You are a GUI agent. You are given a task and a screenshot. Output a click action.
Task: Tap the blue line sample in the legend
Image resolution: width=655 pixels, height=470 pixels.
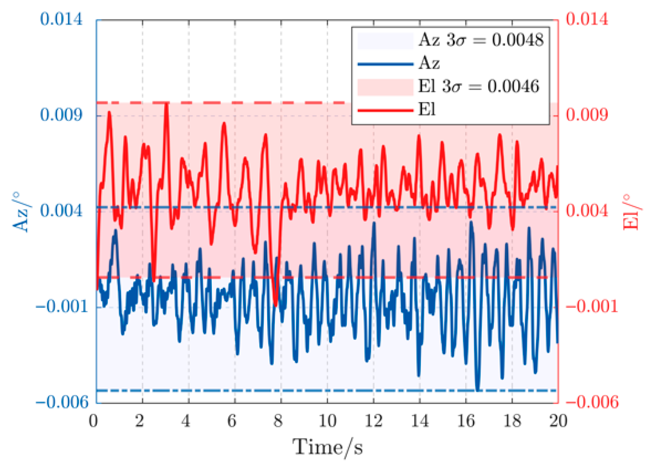click(385, 64)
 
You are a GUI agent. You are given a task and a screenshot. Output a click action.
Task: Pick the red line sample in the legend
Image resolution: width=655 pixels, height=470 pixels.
click(385, 110)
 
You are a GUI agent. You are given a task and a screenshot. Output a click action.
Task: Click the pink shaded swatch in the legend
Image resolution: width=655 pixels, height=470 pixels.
click(385, 87)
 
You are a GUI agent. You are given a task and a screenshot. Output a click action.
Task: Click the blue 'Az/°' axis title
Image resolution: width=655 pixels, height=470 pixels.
click(21, 212)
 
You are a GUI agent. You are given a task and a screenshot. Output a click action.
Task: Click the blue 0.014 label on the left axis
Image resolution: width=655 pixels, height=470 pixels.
click(61, 19)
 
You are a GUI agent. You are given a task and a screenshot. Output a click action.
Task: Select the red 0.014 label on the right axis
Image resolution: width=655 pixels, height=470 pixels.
click(587, 19)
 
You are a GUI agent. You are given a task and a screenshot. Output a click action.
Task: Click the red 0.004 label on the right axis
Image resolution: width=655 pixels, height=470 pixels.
click(587, 211)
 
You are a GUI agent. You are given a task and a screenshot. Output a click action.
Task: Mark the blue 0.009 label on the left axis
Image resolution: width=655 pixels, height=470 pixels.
click(61, 115)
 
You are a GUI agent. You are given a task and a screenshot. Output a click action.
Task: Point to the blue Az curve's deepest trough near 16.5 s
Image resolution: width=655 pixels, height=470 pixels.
click(478, 389)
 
